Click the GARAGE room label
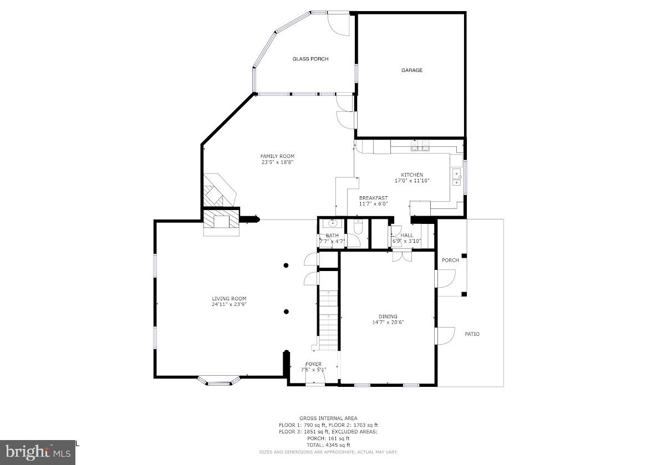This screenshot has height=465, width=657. tap(412, 70)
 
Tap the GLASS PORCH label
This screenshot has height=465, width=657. tap(310, 59)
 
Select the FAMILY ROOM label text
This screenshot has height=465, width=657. tap(277, 156)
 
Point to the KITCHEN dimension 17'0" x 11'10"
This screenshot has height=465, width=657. tap(412, 181)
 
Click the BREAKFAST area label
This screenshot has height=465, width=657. tap(373, 198)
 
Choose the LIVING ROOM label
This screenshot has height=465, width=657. tap(228, 299)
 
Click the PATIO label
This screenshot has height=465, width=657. tap(472, 334)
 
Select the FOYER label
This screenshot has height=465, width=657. tap(313, 364)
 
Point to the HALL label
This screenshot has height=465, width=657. tap(407, 236)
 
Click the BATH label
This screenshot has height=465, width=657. tap(332, 236)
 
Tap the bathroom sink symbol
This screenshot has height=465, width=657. tap(333, 224)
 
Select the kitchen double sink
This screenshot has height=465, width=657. tap(457, 177)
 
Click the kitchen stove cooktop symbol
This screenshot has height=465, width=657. tap(420, 146)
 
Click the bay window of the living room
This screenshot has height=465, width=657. tap(220, 381)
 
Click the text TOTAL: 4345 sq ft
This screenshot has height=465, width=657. tap(328, 445)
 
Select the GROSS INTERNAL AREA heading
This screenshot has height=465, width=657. tap(328, 418)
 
